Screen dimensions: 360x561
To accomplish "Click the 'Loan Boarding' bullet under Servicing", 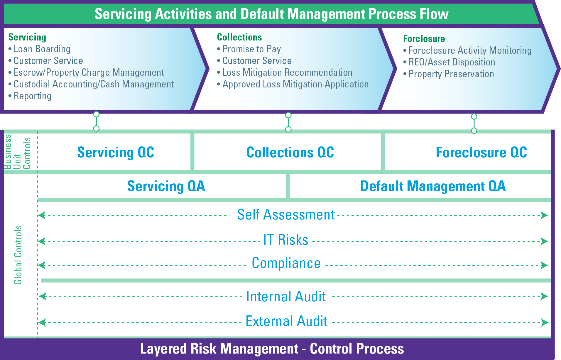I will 42,49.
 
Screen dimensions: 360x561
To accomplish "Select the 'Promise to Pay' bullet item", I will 251,49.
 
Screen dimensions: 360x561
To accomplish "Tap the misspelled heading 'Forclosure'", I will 424,39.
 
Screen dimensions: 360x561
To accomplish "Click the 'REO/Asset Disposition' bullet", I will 452,62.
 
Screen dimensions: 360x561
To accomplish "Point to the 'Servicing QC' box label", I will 116,152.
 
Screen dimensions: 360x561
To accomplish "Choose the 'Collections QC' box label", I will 290,152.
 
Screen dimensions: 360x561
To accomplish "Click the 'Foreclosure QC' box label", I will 481,152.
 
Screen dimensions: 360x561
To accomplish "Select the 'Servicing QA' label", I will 166,186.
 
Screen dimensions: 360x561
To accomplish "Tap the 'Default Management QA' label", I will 433,186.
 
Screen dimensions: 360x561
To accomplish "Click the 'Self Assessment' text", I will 286,214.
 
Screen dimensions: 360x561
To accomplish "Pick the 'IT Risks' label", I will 285,240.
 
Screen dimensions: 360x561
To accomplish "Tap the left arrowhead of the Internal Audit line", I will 42,296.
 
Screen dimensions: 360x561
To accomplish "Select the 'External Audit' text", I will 286,321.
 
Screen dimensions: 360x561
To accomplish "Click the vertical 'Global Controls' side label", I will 18,255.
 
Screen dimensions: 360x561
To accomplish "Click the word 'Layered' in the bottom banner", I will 163,349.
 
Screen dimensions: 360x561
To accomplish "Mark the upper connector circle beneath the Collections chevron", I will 288,115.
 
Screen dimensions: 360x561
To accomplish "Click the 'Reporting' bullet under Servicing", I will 32,96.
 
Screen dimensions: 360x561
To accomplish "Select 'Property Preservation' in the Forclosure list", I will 451,74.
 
